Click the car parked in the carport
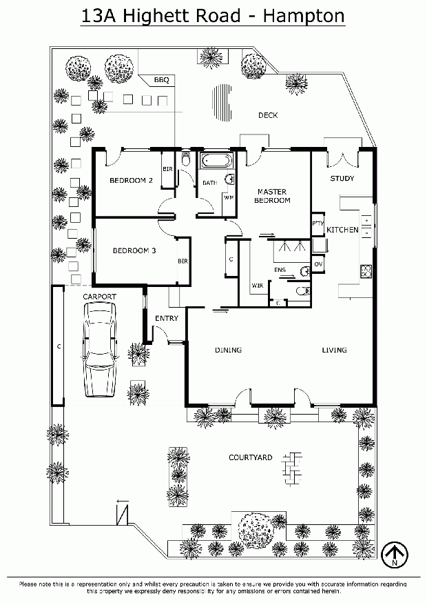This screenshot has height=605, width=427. click(99, 349)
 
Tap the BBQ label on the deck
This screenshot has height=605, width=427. click(162, 80)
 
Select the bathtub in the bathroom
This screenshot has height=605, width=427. click(217, 161)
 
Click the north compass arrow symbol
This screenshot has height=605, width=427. click(394, 555)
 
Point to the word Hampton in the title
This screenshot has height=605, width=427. click(304, 16)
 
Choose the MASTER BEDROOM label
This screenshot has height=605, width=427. click(272, 196)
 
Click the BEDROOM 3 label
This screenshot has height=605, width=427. click(134, 251)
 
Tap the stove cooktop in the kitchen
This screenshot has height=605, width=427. click(366, 271)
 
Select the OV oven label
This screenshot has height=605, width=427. click(318, 264)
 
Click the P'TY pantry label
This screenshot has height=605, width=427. click(318, 224)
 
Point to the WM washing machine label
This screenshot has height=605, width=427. click(229, 198)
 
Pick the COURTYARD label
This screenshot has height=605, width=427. click(251, 457)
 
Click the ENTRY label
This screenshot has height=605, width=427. click(167, 318)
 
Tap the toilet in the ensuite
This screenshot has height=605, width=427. click(302, 290)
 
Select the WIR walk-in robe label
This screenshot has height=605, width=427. click(258, 286)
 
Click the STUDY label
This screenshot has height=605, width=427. click(342, 178)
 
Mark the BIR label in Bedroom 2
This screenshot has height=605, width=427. click(167, 169)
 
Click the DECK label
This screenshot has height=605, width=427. click(268, 115)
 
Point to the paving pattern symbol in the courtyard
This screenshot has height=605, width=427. click(292, 468)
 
